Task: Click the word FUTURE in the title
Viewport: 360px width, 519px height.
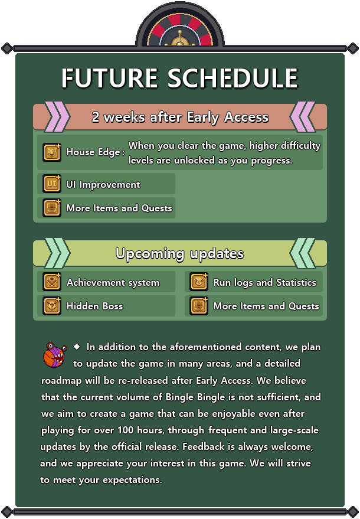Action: coord(110,78)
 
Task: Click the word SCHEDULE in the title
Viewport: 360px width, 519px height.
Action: coord(233,78)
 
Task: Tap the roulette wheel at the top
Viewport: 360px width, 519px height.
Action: coord(180,29)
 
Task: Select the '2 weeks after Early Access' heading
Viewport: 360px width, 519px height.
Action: coord(180,117)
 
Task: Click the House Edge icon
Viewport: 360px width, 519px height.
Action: coord(52,152)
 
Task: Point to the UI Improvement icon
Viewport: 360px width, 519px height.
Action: coord(52,184)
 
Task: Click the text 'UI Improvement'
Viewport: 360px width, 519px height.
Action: coord(103,184)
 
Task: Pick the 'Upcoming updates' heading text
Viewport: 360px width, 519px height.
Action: coord(179,253)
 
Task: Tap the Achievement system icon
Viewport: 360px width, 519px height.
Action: coord(52,282)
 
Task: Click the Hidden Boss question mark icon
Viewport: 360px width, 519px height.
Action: coord(52,306)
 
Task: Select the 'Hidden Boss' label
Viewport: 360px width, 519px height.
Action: coord(94,306)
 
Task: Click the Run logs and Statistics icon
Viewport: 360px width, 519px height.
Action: coord(199,282)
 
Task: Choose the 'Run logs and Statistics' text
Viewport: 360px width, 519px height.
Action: coord(265,282)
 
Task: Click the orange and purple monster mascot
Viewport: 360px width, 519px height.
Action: coord(55,355)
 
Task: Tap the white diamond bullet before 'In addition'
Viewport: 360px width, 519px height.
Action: coord(77,347)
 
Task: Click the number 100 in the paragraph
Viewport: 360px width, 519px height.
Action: coord(125,430)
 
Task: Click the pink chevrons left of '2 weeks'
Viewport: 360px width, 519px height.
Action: coord(57,117)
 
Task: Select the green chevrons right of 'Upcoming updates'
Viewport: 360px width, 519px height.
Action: coord(302,253)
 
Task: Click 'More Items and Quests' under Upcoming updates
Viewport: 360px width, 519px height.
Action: coord(266,306)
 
